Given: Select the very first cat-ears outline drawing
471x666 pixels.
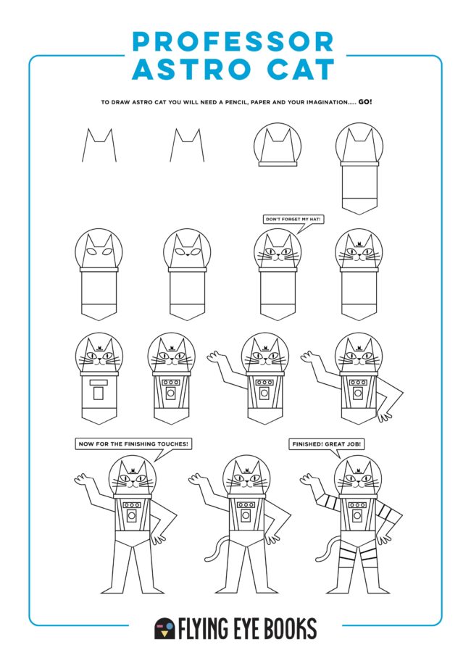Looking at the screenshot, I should pos(98,145).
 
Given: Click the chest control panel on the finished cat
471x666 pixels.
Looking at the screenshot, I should pos(357,512).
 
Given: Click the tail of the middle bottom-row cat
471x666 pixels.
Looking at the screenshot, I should pos(212,550).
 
